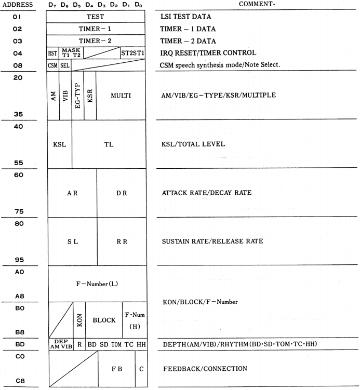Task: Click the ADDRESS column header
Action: (18, 5)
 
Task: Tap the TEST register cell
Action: (96, 17)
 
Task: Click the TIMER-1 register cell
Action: (96, 29)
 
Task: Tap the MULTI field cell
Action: (121, 96)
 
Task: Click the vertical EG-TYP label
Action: (77, 96)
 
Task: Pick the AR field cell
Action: (72, 193)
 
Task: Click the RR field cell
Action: (121, 241)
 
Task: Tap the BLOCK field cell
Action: (104, 320)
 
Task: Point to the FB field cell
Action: (116, 369)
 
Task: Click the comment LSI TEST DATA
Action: (183, 17)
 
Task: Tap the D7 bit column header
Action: (52, 5)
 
